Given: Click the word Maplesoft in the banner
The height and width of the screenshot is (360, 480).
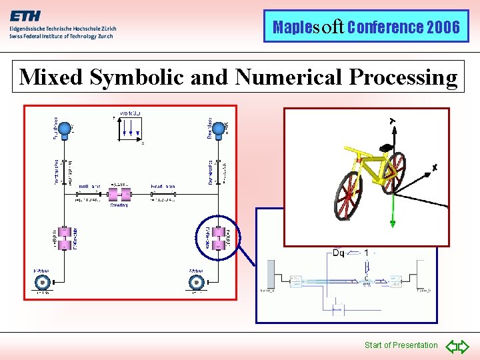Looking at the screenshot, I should [x=308, y=27].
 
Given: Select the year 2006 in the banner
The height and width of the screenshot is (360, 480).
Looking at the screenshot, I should [x=443, y=27].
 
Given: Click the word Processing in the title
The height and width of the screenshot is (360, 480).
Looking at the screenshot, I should [x=403, y=77].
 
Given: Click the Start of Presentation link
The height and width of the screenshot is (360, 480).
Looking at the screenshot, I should [x=401, y=345].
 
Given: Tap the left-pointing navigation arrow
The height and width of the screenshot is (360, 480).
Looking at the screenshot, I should [x=451, y=346].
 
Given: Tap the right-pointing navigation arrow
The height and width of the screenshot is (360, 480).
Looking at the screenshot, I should [x=463, y=346].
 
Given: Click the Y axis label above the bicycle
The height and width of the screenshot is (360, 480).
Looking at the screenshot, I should [x=393, y=121].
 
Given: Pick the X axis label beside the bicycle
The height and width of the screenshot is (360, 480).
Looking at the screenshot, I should [x=435, y=168].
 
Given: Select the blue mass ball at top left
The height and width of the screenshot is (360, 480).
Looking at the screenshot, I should [x=65, y=131].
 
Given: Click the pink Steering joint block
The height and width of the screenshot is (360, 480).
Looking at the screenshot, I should [x=120, y=195].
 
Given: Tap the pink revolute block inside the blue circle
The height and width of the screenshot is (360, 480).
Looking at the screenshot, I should [x=216, y=236].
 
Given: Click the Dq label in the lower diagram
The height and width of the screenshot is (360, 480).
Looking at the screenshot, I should [x=338, y=253].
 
